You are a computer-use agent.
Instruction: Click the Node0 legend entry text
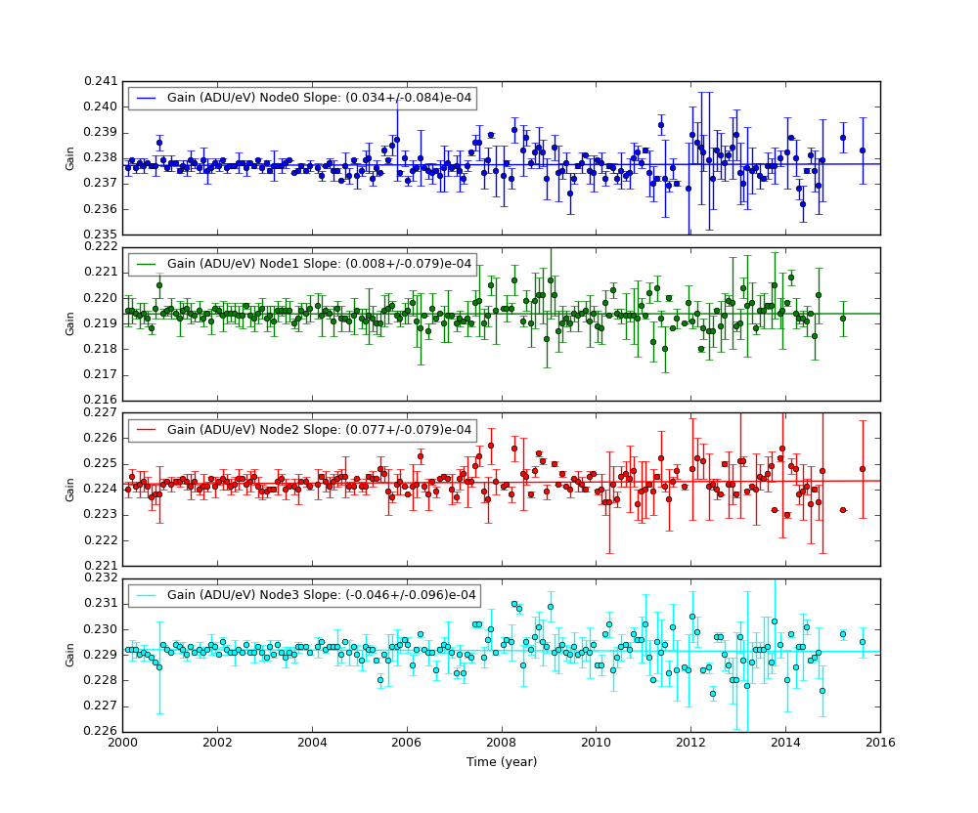pos(319,98)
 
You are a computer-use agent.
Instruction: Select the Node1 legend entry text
pos(319,264)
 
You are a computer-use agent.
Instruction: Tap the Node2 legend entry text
pos(319,430)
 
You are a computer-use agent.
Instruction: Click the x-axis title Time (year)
pos(501,762)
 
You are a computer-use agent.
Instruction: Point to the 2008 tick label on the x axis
pos(501,744)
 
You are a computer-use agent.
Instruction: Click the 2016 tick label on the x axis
pos(879,744)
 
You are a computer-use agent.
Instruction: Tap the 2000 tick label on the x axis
pos(122,744)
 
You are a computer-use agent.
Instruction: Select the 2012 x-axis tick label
pos(690,744)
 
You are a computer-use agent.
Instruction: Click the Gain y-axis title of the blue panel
pos(70,157)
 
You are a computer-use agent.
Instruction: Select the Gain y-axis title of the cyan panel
pos(70,655)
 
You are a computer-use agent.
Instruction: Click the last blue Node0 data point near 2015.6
pos(862,150)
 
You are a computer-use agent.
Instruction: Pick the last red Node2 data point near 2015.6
pos(862,469)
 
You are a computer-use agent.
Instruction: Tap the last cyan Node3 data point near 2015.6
pos(862,642)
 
